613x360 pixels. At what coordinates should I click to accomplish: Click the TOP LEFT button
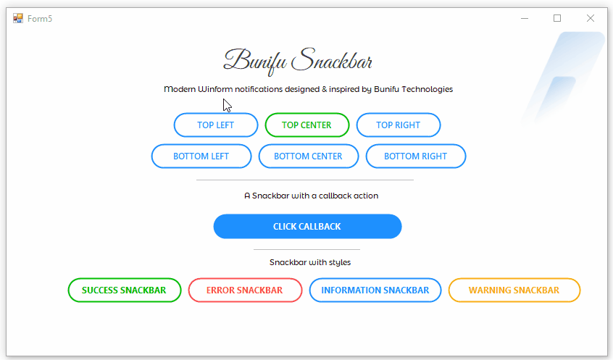[x=216, y=125]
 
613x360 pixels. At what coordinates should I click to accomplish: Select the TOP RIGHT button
[x=399, y=125]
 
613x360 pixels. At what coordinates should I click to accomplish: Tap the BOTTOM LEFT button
[x=201, y=156]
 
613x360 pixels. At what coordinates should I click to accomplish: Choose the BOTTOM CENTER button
[x=309, y=156]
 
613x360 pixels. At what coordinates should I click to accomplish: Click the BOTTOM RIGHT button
[x=416, y=156]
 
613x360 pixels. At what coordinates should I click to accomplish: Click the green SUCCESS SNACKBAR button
[x=125, y=290]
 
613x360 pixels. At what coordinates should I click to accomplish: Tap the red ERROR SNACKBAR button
[x=245, y=290]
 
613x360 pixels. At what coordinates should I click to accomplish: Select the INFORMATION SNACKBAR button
[x=375, y=290]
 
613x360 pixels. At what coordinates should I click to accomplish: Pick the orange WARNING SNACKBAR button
[x=514, y=290]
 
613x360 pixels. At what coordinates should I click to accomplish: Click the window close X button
[x=591, y=18]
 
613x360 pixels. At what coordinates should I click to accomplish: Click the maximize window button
[x=557, y=18]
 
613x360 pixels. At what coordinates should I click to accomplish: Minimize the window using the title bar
[x=525, y=18]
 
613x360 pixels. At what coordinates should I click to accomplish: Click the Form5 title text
[x=40, y=19]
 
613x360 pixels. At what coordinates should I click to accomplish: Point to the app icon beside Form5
[x=18, y=18]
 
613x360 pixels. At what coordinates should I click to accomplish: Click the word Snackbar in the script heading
[x=332, y=60]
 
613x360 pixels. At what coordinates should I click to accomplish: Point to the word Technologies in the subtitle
[x=428, y=90]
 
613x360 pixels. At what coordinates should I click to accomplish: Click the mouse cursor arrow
[x=227, y=106]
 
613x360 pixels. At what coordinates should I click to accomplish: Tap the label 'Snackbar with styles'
[x=310, y=262]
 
